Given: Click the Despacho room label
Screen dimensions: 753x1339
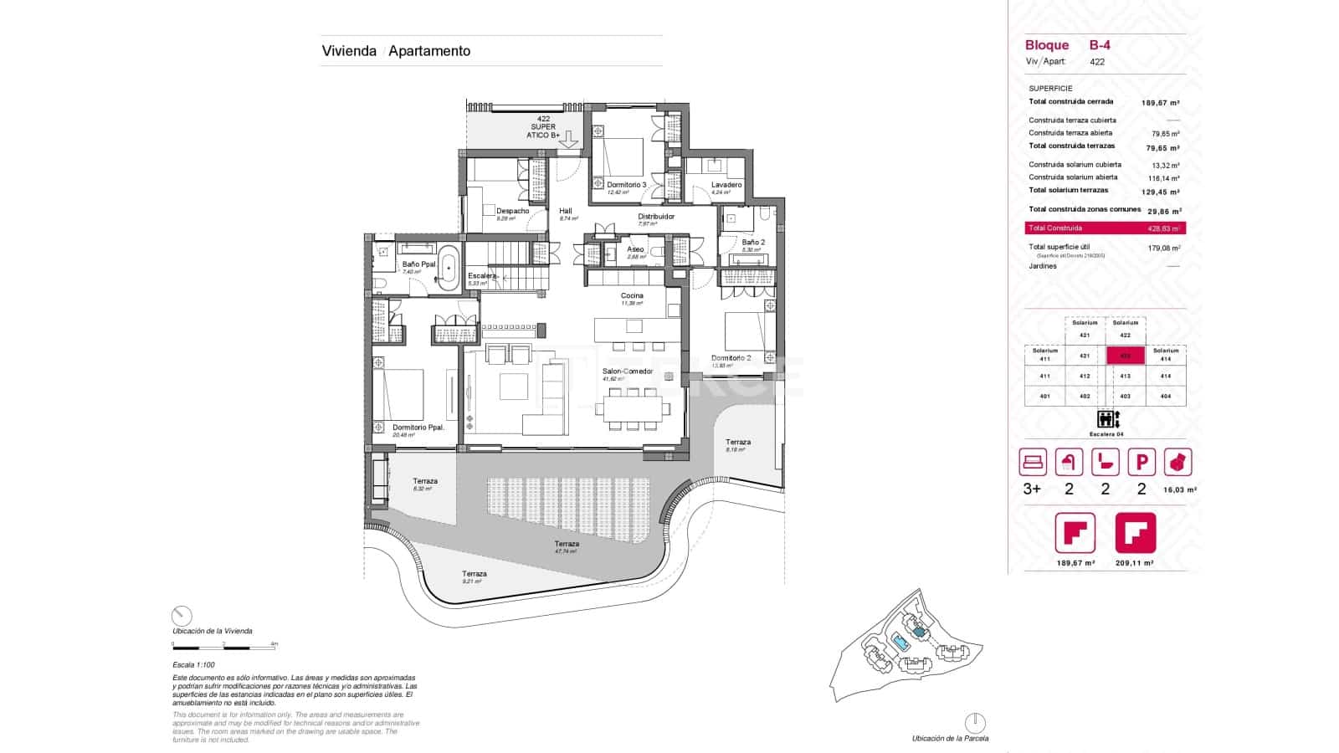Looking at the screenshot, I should tap(512, 211).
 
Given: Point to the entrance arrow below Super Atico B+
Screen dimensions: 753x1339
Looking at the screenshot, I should tap(568, 140).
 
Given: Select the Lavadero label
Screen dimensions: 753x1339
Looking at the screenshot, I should tap(726, 185).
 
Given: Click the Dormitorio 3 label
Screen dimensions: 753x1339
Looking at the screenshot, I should tap(626, 185).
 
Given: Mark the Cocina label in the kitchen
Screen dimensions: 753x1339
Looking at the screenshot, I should tap(632, 296).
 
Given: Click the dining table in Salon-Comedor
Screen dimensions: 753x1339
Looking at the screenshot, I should tap(634, 409).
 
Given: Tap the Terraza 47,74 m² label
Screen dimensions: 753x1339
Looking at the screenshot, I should tap(567, 544).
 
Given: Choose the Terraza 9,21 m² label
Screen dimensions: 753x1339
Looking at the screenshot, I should tap(474, 574).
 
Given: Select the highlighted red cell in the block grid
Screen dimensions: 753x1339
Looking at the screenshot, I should tap(1126, 356).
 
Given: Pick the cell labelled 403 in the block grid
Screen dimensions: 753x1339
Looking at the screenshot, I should tap(1126, 397).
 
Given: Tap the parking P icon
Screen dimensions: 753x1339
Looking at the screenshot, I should tap(1141, 462).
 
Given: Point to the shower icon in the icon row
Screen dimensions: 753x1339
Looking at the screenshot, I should tap(1069, 462).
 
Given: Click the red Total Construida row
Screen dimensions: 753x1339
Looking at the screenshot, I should tap(1105, 228).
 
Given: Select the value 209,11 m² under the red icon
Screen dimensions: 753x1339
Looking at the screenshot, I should tap(1136, 564).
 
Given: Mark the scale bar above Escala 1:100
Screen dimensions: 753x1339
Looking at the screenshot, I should tap(224, 647).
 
